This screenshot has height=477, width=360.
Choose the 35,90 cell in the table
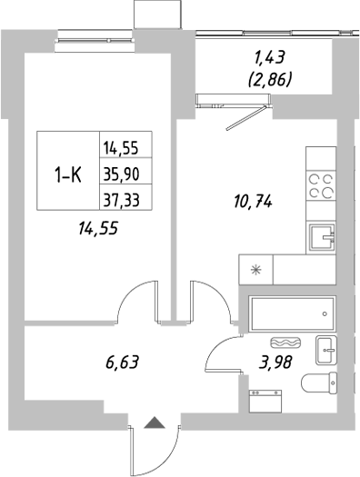124,173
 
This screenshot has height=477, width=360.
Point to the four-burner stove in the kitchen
320,185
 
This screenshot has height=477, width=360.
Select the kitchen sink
321,238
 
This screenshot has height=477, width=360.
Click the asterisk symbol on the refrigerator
255,269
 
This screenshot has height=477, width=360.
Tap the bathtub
289,313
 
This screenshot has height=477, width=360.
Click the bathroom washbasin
326,348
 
